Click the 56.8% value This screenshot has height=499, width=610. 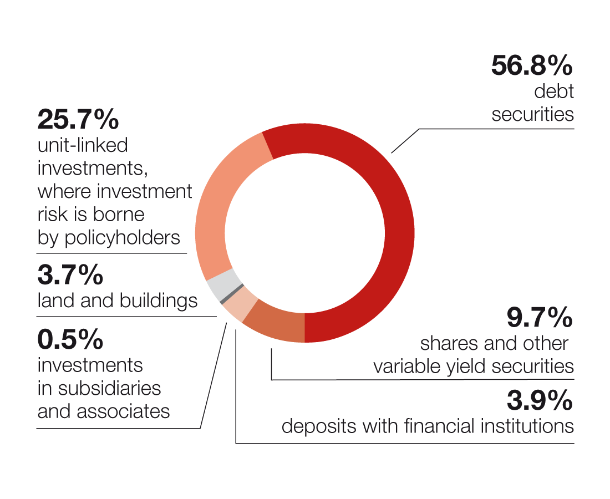coord(531,65)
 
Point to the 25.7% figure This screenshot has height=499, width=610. coord(78,119)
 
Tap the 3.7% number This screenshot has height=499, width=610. coord(70,276)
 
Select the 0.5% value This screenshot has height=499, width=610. coord(70,339)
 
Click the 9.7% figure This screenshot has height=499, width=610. coord(539,318)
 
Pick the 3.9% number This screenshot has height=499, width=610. coord(539,400)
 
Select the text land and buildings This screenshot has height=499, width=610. coord(118,301)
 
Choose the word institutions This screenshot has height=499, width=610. coord(524,426)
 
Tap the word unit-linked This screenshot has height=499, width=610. coord(83,145)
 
